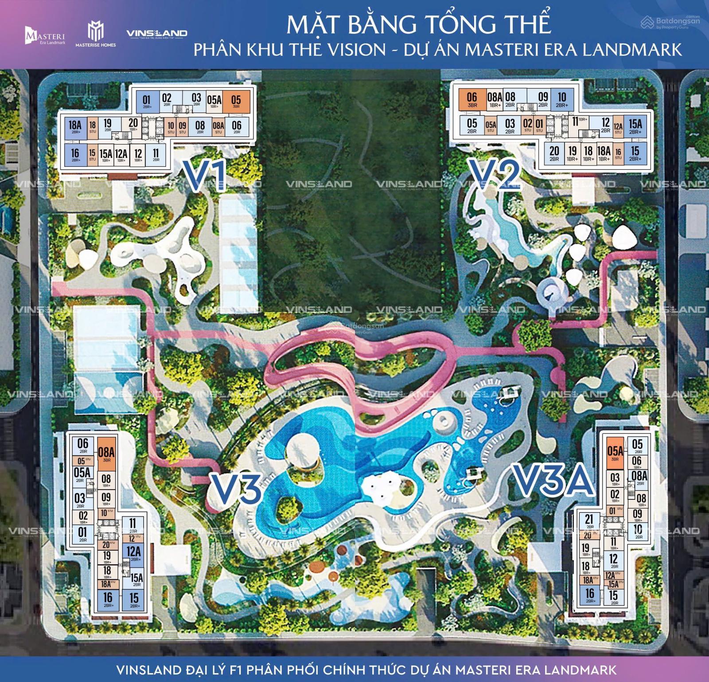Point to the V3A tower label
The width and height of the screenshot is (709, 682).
(554, 479)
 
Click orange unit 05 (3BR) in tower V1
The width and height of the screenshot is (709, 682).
(236, 101)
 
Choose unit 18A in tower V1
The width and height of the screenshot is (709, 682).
(75, 126)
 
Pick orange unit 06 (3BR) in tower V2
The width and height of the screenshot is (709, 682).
(472, 100)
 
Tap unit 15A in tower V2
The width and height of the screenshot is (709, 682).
(635, 125)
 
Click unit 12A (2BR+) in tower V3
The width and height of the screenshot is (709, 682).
(133, 554)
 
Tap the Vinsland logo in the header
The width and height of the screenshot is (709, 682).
(156, 34)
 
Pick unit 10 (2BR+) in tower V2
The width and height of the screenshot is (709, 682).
(561, 99)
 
